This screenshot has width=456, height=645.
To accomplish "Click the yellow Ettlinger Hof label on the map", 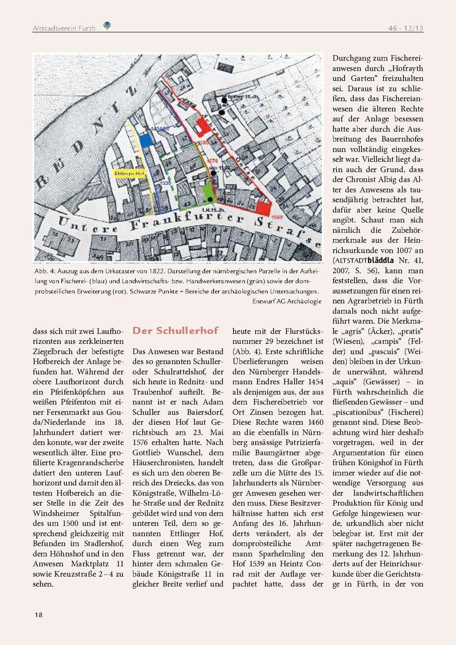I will [129, 174].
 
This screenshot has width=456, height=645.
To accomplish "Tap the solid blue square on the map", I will [146, 140].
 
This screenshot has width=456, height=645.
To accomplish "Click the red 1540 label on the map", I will [277, 217].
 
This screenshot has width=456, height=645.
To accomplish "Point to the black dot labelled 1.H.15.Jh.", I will [210, 199].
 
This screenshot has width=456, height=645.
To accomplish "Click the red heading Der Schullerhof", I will [175, 331].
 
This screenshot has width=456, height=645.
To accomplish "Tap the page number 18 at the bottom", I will [39, 615].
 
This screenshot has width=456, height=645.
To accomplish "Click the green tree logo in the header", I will [107, 26].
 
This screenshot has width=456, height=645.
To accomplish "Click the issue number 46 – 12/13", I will [405, 28].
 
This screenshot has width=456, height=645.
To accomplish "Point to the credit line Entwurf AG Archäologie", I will [287, 301].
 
